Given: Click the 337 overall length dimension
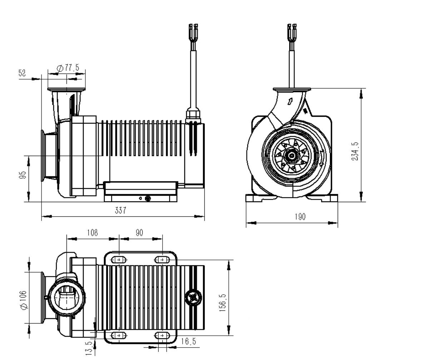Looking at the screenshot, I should pos(120,211).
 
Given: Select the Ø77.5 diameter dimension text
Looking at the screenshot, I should pos(68,68).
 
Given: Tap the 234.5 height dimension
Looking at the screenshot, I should pos(355,151).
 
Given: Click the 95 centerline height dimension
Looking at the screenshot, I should pos(23,175).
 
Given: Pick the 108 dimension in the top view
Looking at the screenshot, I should pos(93,233).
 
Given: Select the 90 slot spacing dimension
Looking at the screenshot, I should pos(139,233).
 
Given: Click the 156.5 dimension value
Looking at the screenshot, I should pos(223,303).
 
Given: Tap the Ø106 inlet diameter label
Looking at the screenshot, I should pos(24,300).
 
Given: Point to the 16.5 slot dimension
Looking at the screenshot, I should pos(188,342).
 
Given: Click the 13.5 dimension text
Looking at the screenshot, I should pos(89,348).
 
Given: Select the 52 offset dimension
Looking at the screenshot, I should pos(23,73).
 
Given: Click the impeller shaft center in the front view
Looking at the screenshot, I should pos(292,155).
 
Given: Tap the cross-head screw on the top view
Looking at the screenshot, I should pos(193,297).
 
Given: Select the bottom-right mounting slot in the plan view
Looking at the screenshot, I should pos(162,335).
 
